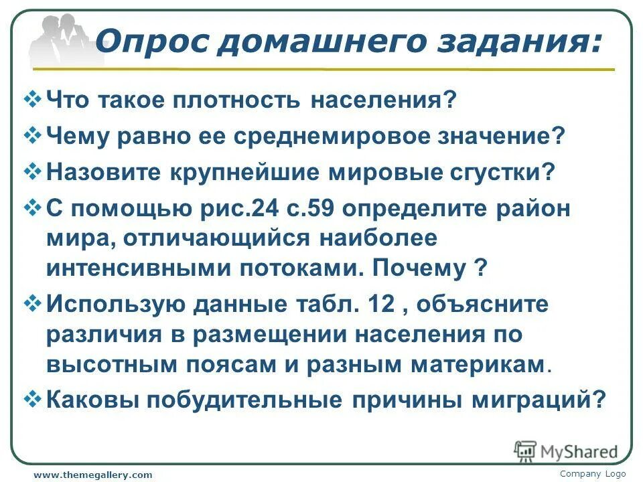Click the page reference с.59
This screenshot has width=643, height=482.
tap(293, 208)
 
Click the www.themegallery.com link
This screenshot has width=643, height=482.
tap(93, 475)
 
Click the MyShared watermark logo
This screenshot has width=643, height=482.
tap(566, 451)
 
